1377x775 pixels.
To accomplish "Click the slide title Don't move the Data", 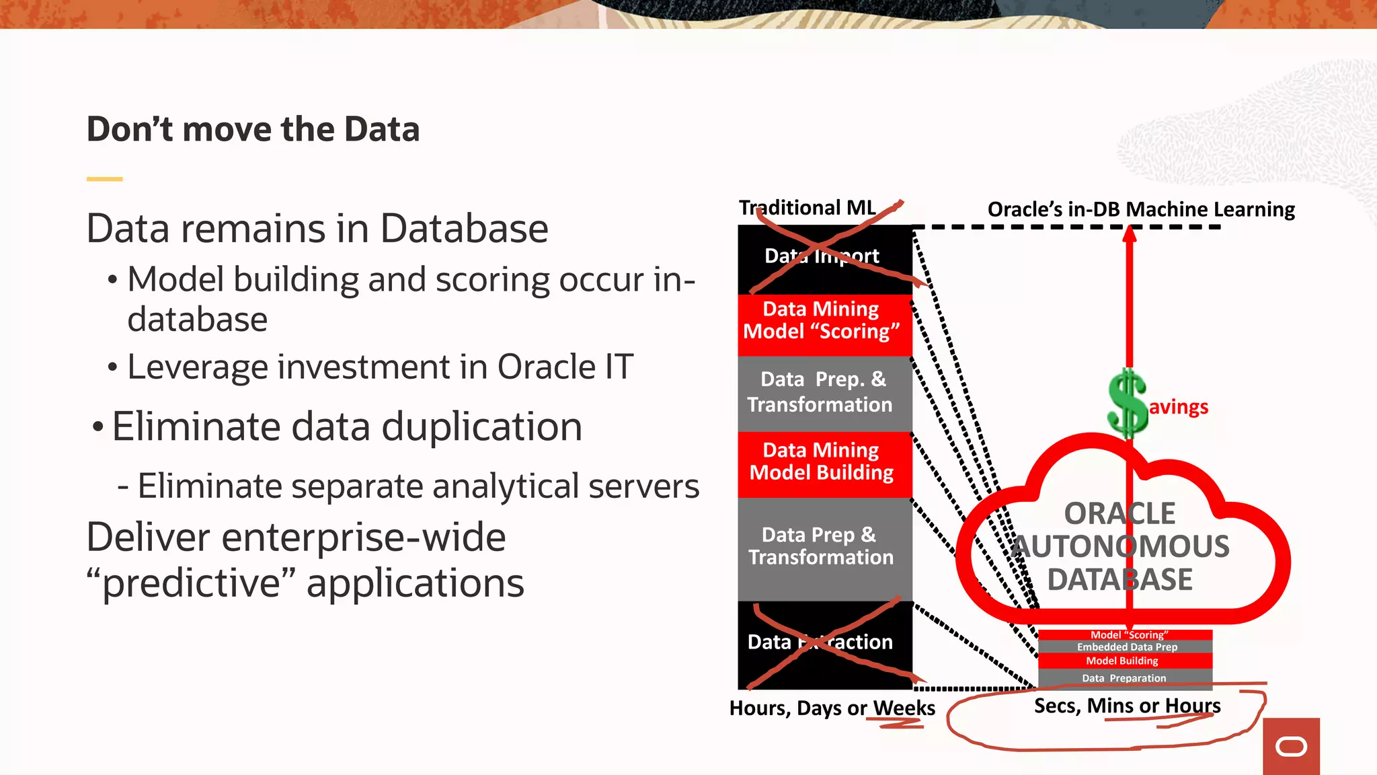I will coord(253,129).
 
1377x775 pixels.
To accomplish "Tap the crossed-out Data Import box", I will coord(824,259).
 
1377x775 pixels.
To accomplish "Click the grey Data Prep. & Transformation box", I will coord(824,392).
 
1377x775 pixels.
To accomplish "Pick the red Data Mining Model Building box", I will coord(824,462).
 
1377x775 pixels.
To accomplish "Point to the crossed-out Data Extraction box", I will coord(824,644).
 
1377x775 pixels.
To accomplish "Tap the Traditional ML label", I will coord(807,208).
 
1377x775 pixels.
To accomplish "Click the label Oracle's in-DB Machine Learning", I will coord(1140,209).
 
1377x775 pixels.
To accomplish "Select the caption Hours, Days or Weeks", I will coord(832,708).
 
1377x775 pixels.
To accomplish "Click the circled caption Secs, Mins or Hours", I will coord(1127,706).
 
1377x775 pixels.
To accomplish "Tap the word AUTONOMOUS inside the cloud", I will coord(1121,547).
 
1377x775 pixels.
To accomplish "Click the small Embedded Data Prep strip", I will coord(1126,647).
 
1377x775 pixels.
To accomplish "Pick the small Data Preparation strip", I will coord(1124,678).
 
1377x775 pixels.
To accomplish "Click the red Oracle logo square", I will coord(1291,746).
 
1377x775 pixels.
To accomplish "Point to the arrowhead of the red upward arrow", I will coord(1130,234).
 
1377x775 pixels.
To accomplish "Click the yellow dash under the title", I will coord(104,179).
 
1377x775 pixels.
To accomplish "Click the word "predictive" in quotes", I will coord(191,583).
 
